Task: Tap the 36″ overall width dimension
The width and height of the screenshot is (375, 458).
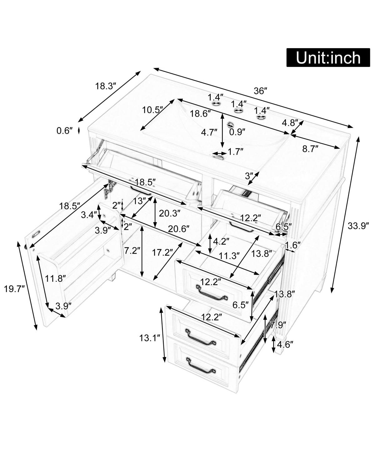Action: pos(260,91)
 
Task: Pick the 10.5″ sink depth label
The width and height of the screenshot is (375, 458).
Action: pos(153,110)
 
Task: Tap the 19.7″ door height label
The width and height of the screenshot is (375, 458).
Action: pos(14,289)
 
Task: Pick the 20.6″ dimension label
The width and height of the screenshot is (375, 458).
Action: pos(179,229)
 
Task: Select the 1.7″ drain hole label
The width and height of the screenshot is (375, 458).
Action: pos(235,152)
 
